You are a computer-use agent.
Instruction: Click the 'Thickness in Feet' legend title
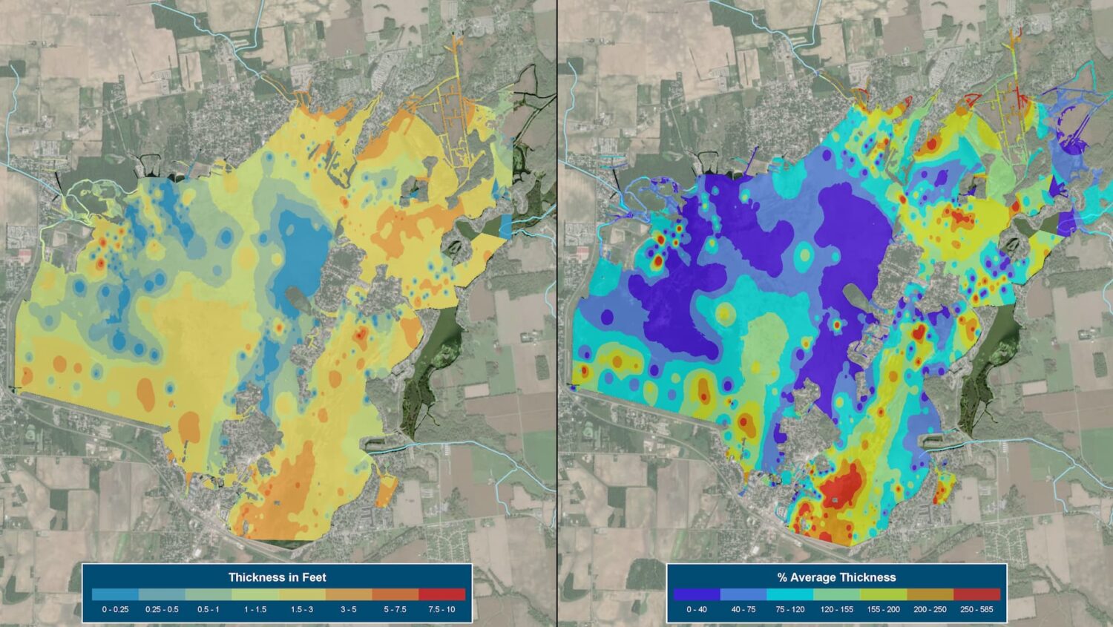tap(277, 577)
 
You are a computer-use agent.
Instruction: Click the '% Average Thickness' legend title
tap(836, 577)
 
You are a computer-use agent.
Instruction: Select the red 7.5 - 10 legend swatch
tap(441, 594)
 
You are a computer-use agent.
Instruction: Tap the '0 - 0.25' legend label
tap(115, 610)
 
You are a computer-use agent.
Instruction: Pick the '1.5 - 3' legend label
tap(301, 610)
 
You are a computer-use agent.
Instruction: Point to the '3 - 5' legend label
tap(348, 610)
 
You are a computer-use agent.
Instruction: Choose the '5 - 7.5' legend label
tap(395, 610)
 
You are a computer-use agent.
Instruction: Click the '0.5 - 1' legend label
tap(208, 610)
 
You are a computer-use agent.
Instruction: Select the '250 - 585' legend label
tap(977, 610)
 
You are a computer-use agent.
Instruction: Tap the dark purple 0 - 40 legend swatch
tap(697, 594)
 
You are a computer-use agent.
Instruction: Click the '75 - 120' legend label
tap(790, 610)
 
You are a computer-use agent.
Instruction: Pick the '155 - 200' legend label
tap(884, 610)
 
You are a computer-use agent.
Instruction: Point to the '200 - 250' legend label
tap(930, 610)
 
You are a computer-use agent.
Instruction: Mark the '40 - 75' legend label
tap(743, 610)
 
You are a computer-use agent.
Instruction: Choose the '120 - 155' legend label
tap(837, 610)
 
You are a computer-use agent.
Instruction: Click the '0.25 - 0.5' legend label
tap(162, 610)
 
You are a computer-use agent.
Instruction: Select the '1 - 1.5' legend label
tap(255, 610)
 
